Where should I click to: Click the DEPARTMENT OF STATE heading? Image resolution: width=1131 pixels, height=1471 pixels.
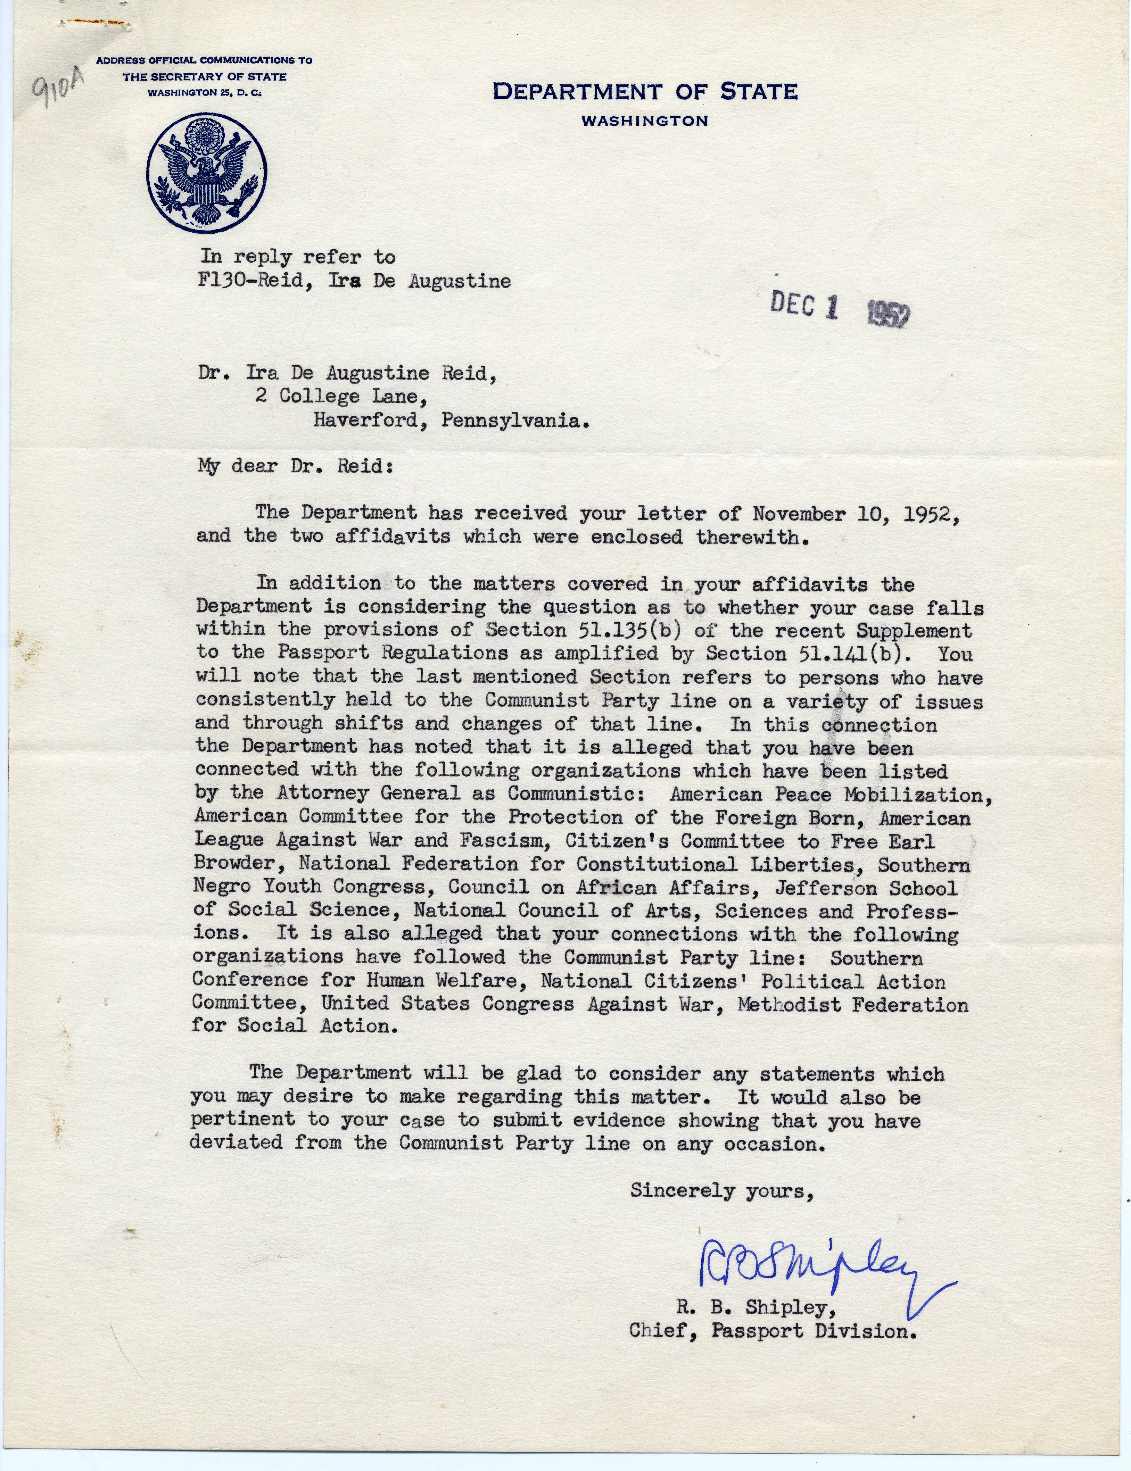(x=645, y=92)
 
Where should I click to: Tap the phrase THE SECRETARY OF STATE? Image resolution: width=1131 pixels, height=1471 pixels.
(x=204, y=77)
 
